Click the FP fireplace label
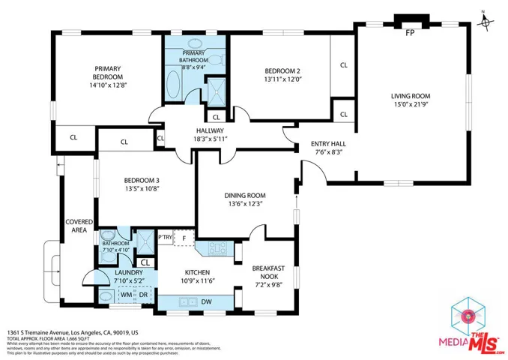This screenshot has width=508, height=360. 410,33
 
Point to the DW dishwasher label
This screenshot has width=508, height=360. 206,301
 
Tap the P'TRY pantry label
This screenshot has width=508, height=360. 165,237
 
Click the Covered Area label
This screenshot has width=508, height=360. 79,226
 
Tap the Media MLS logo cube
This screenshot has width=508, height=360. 465,313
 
